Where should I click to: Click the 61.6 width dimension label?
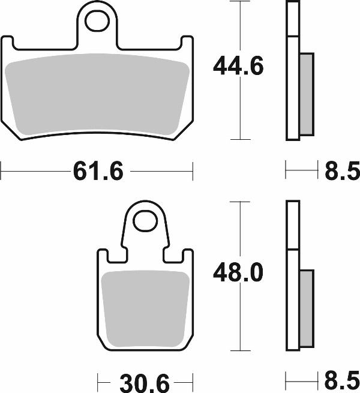(98, 172)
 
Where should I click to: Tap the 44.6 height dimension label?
(238, 67)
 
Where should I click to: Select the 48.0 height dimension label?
(238, 274)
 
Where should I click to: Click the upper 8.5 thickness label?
(342, 172)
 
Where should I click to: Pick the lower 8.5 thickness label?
(342, 381)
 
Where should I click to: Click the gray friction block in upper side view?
(306, 94)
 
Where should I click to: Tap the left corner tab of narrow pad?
(103, 256)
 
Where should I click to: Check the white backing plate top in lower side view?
(292, 225)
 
